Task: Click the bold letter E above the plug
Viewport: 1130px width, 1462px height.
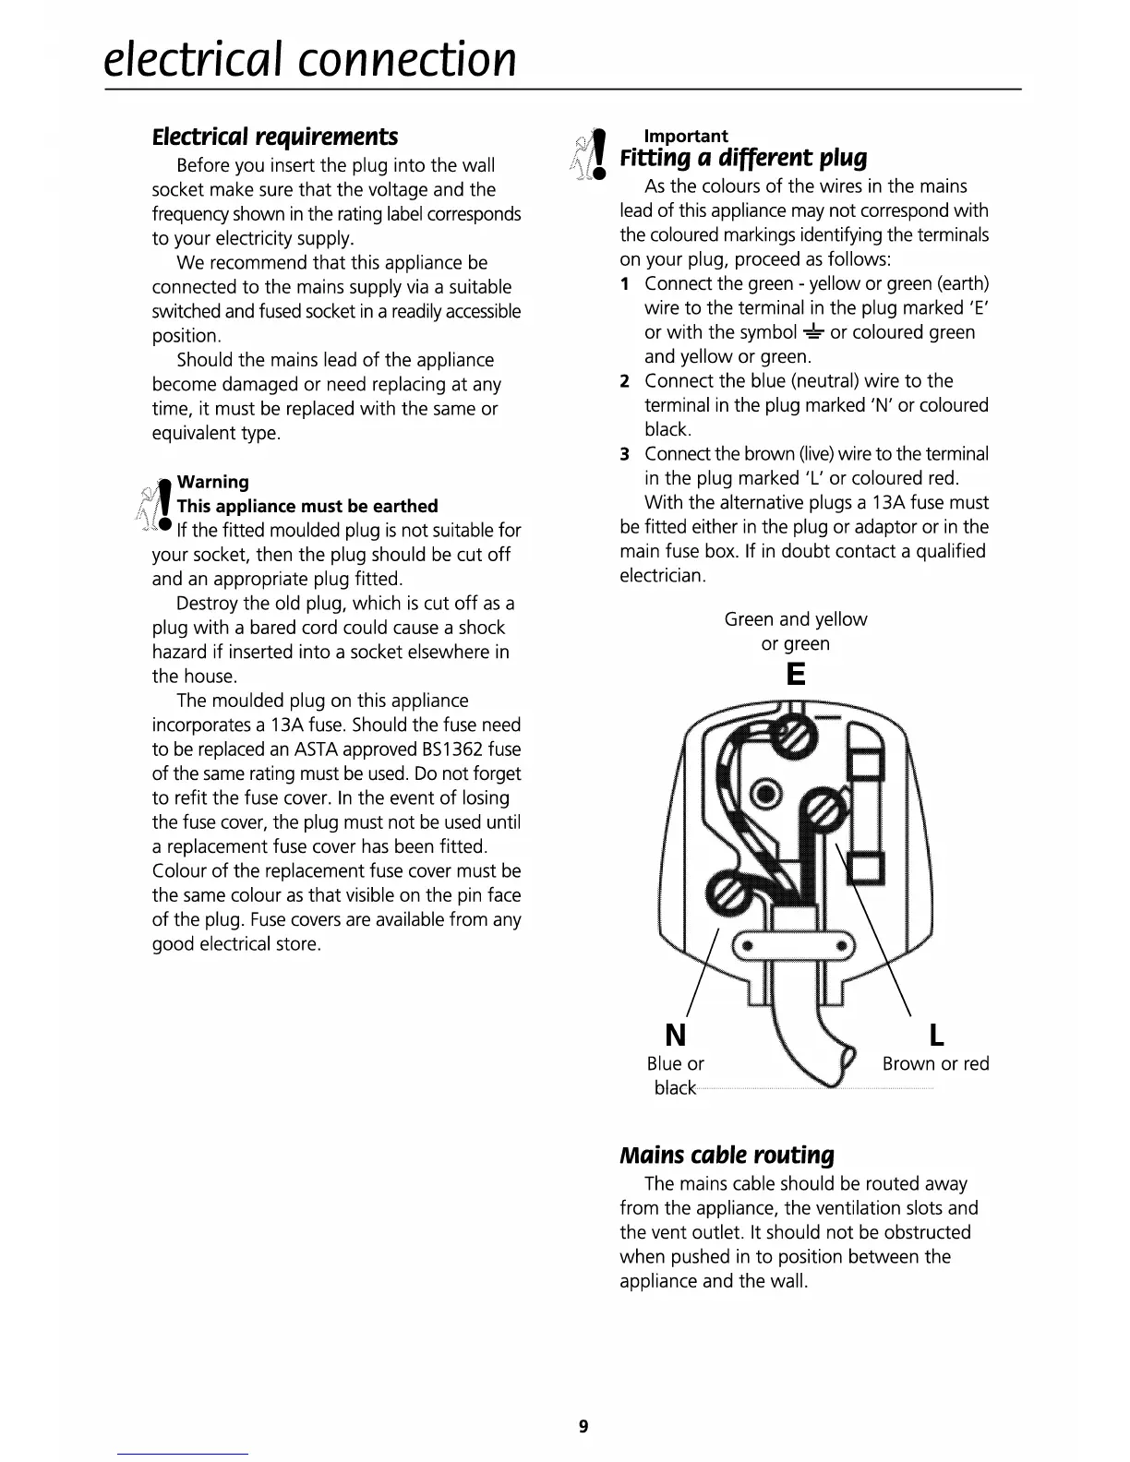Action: tap(795, 674)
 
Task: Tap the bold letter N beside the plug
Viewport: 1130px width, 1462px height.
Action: tap(676, 1035)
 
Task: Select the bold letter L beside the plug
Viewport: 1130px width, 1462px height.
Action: tap(936, 1035)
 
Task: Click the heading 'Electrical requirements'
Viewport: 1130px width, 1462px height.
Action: tap(275, 137)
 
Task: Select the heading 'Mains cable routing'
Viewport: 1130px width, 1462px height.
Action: tap(727, 1155)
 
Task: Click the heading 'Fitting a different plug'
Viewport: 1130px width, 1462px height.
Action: tap(743, 158)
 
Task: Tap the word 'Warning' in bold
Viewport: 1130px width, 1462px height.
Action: tap(212, 482)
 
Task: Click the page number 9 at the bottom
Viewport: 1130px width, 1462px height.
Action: tap(583, 1427)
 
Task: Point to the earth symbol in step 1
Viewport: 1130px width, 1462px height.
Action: tap(813, 332)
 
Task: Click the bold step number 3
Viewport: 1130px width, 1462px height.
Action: tap(625, 454)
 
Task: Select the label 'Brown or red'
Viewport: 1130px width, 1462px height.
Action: tap(935, 1063)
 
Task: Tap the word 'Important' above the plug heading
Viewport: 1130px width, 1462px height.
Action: tap(685, 136)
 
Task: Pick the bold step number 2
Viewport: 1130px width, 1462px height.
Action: tap(625, 381)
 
